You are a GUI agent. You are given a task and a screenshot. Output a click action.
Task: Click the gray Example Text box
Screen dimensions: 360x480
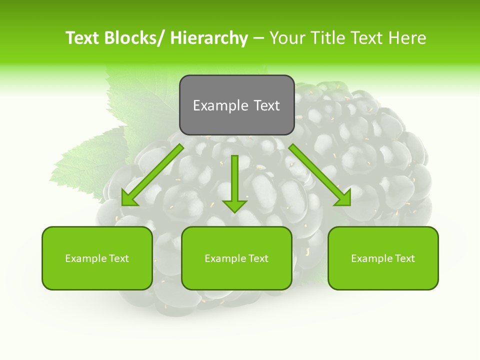[236, 105]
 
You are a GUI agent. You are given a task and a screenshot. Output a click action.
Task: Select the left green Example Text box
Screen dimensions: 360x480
[97, 258]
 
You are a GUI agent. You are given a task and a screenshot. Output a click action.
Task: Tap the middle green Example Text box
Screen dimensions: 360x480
[236, 258]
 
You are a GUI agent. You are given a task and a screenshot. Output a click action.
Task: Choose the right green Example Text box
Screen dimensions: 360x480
[383, 258]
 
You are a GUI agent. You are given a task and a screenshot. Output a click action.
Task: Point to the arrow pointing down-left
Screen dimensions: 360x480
[152, 175]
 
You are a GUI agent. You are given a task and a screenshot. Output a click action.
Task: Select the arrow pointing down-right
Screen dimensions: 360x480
[320, 175]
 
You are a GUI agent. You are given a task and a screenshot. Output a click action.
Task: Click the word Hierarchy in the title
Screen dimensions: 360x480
[209, 38]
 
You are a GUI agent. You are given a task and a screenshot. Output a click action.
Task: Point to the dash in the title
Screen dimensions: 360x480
[258, 38]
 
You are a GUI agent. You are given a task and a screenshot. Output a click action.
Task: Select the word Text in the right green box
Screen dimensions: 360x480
[404, 258]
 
